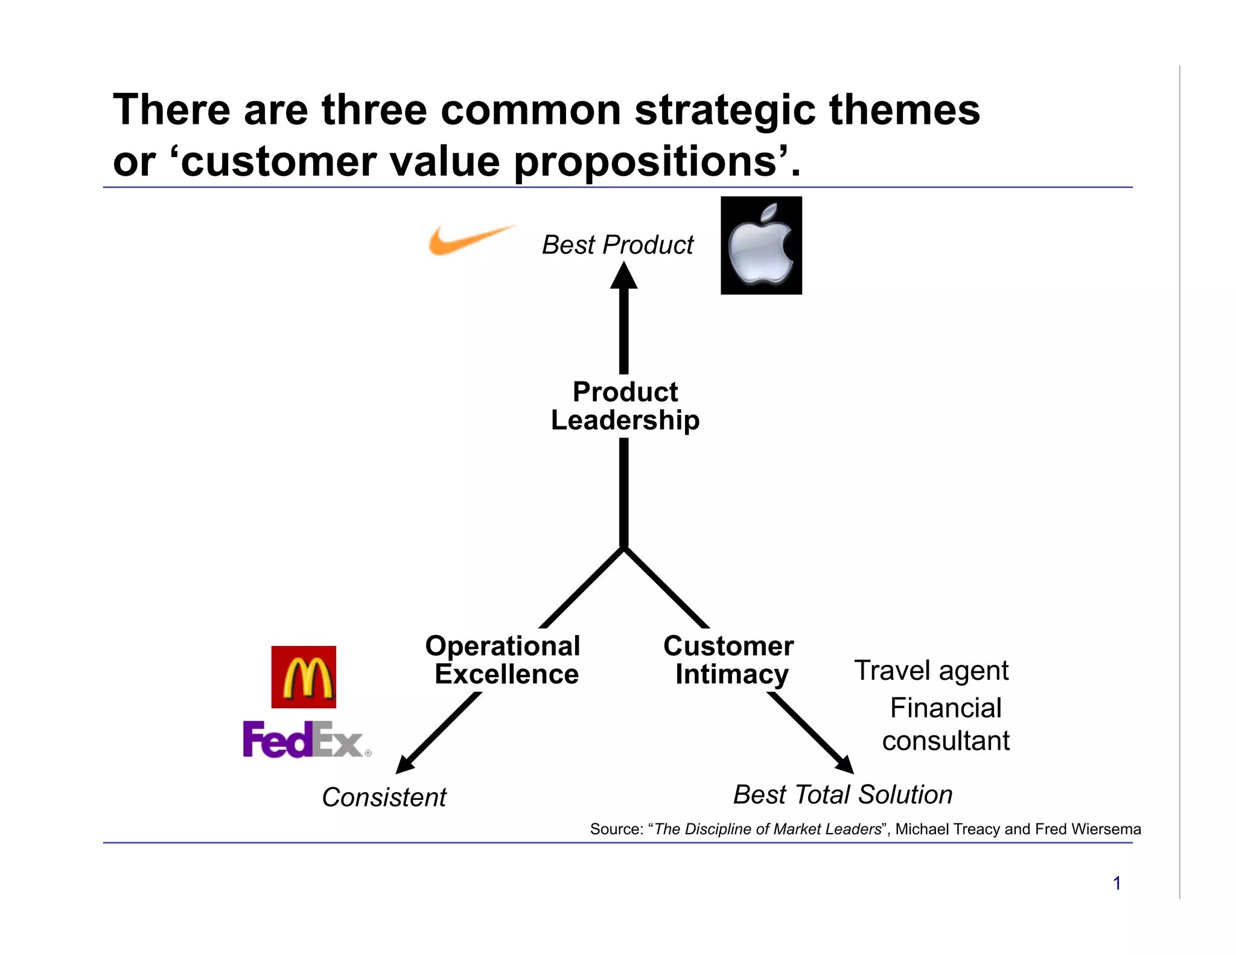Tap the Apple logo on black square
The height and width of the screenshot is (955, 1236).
pos(761,246)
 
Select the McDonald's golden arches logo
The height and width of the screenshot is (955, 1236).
pos(304,677)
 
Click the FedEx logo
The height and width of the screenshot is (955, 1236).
pos(305,739)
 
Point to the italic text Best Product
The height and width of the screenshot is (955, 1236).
pos(617,245)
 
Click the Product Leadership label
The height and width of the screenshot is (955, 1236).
pos(625,406)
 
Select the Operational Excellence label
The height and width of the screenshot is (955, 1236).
pos(504,660)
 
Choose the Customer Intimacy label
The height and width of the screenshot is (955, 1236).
pos(729,660)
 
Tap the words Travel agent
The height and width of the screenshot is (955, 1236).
pos(931,670)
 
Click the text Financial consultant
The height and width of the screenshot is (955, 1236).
pos(946,724)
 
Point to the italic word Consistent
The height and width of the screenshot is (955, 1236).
pos(384,797)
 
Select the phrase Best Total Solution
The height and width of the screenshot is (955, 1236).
pos(843,794)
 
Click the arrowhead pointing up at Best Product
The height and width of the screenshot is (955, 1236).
pos(624,276)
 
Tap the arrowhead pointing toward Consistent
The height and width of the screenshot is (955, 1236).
pos(405,764)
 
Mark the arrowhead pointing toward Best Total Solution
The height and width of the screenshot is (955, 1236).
pos(844,764)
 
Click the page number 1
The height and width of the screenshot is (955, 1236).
pos(1117,883)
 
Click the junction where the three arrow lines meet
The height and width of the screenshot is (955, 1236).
pos(624,548)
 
